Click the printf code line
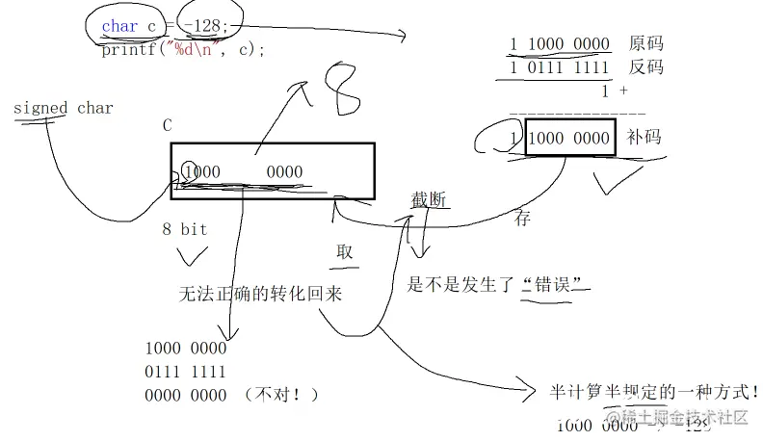182,50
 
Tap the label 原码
645,43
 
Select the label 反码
645,67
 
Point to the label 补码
645,138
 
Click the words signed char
64,108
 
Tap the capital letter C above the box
167,126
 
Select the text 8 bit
184,230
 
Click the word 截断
429,199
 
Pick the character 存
522,219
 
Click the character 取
344,251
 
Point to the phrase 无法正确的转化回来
260,293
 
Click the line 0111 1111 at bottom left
185,372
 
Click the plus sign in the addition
623,91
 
